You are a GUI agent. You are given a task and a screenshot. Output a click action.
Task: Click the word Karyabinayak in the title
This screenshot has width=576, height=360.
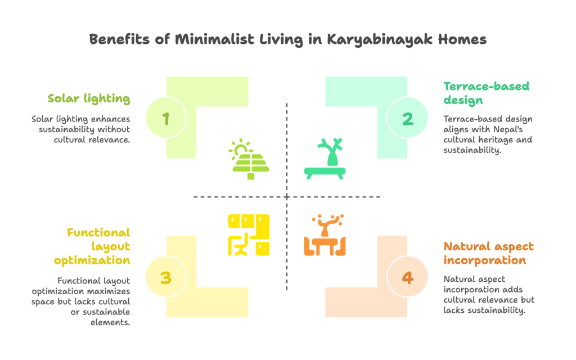pos(380,39)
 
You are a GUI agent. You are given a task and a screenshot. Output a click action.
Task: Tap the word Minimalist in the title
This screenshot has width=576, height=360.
pos(214,39)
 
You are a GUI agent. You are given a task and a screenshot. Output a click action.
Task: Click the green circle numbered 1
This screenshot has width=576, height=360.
pos(166,118)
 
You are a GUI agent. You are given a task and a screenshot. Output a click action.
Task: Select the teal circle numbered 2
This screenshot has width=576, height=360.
pos(407,118)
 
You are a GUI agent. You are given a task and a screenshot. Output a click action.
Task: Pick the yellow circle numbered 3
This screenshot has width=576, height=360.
pos(166,277)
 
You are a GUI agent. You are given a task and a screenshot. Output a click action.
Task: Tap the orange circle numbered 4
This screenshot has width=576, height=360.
pos(407,277)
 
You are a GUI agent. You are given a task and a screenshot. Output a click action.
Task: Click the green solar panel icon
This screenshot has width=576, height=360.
pos(249,159)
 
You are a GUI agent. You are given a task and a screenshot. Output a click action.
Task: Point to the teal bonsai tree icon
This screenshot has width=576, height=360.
pos(325,159)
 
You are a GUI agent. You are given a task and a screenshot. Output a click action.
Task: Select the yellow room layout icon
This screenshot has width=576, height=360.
pos(249,235)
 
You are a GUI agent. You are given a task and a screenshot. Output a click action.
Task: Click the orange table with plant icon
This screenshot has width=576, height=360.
pos(325,235)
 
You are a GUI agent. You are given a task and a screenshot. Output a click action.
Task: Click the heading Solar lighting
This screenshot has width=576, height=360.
pos(89,99)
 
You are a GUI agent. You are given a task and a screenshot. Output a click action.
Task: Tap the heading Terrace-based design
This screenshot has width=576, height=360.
pos(487,93)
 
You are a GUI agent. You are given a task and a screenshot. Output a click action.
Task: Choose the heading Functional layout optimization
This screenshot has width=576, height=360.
pos(92,246)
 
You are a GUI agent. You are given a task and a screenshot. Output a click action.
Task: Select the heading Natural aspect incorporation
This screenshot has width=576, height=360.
pos(489,254)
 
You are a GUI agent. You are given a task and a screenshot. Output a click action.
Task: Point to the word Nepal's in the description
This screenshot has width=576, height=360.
pos(508,129)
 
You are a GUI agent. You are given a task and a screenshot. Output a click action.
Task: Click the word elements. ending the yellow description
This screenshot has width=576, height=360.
pos(110,322)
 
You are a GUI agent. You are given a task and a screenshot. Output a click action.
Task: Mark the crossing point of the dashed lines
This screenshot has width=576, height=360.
pos(287,197)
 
